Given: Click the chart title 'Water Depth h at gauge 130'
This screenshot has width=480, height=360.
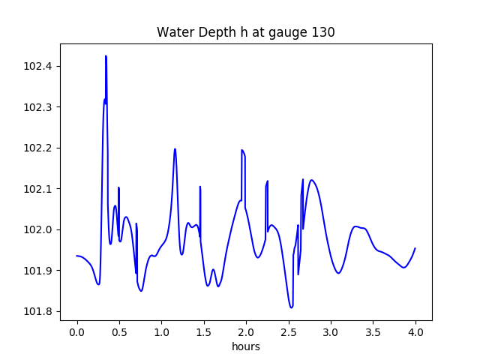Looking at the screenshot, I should point(245,32).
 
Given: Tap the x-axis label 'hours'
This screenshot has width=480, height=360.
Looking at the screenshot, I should point(245,346).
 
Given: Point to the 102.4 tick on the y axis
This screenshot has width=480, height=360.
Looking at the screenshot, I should point(38,67).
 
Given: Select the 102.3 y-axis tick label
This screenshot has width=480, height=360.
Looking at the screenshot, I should point(38,107).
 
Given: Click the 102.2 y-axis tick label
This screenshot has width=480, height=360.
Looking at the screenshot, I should point(38,148).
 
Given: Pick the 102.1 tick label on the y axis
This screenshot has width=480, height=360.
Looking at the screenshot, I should point(38,189).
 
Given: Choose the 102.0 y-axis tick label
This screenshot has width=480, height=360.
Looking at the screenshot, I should point(38,229).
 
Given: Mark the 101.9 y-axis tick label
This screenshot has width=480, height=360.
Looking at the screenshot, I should point(38,270).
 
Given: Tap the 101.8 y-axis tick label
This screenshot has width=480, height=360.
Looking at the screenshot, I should point(38,311).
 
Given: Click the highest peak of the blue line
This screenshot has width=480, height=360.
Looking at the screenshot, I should point(106,56).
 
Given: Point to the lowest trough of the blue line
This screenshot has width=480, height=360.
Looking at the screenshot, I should point(291,307).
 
